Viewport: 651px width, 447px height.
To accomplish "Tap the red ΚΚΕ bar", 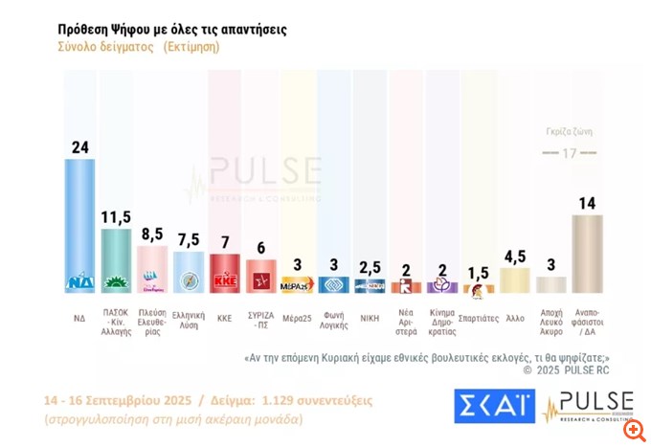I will click(224, 273).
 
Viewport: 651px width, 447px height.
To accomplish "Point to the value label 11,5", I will click(116, 216).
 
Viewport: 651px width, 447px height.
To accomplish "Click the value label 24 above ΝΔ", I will click(79, 146).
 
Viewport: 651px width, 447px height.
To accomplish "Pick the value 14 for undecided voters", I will click(587, 202).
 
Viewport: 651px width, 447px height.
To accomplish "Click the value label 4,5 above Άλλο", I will click(514, 256).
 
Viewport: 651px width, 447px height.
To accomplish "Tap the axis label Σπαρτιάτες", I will click(478, 316).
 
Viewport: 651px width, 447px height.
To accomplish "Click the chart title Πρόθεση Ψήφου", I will click(172, 30).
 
